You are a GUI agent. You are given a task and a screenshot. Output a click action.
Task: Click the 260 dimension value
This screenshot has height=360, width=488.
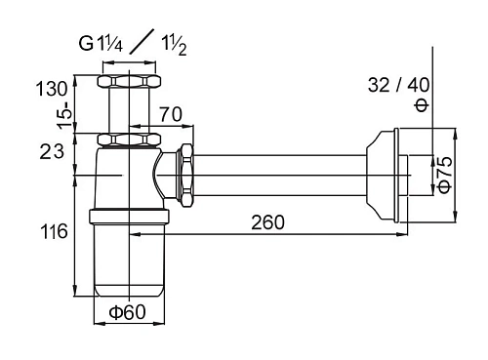tap(267, 222)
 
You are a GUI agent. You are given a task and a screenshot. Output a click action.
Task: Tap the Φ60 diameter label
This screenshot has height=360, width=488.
tap(127, 312)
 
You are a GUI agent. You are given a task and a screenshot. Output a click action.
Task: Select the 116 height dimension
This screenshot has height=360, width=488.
tap(54, 232)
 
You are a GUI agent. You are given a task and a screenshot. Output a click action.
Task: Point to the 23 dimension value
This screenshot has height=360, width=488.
tap(52, 151)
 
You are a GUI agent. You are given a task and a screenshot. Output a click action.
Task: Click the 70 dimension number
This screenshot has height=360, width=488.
tap(171, 114)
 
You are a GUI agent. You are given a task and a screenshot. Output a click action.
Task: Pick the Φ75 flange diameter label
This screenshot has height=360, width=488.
tap(445, 175)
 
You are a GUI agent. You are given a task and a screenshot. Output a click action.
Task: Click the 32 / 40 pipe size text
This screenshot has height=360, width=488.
tap(398, 85)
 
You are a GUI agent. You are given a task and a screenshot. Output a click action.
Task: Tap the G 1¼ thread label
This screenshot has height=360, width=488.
tap(101, 44)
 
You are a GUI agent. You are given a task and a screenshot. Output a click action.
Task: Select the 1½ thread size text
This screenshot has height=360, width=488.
tap(174, 46)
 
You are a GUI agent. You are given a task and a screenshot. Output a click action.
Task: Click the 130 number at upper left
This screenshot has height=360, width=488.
tap(52, 89)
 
